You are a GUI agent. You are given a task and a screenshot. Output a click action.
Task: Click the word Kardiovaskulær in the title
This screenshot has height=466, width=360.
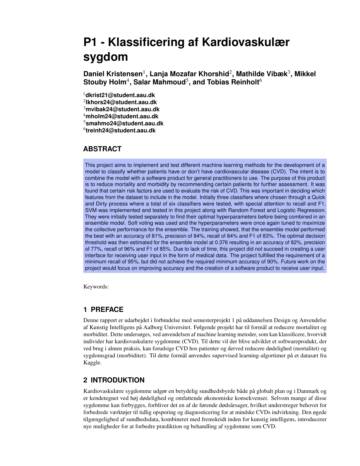click(x=245, y=42)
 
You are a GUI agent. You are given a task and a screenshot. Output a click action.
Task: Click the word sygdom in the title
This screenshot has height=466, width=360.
click(x=106, y=57)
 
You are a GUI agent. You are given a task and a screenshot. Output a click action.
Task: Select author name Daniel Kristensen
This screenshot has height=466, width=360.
click(x=113, y=74)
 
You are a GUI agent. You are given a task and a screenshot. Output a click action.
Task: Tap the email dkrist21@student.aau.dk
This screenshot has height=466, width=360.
click(x=120, y=95)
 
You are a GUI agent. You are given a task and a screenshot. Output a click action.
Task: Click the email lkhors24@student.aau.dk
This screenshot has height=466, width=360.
click(x=121, y=102)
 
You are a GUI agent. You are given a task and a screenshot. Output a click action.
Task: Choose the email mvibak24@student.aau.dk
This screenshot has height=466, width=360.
click(x=123, y=110)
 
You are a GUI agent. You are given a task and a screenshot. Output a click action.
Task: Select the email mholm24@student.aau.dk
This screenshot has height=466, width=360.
click(x=122, y=117)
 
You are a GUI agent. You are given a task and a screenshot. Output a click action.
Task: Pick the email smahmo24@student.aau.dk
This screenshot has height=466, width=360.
click(x=125, y=124)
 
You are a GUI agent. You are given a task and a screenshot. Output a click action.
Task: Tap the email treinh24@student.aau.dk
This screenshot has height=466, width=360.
click(x=121, y=131)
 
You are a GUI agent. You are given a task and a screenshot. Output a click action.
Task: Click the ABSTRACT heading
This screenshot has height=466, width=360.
click(x=102, y=149)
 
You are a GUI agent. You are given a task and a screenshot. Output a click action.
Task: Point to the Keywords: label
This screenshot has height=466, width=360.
click(x=96, y=287)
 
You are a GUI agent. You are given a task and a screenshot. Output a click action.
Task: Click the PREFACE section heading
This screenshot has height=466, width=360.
click(x=107, y=310)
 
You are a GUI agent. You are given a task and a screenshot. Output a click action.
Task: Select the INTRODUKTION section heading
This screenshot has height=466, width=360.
click(x=117, y=380)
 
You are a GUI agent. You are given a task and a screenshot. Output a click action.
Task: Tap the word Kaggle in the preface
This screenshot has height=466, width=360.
click(x=92, y=363)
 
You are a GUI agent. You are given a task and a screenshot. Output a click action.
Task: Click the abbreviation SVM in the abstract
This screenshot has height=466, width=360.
click(x=90, y=210)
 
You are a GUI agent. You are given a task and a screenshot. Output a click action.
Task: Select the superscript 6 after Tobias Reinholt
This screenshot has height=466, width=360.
click(x=261, y=80)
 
